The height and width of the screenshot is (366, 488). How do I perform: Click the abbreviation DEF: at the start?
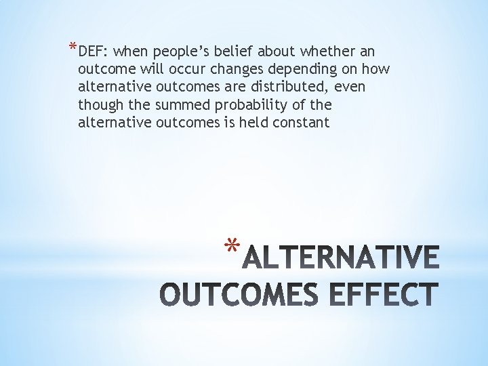[93, 52]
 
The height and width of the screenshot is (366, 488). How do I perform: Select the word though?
[98, 105]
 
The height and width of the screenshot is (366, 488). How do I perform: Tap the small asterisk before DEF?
[73, 47]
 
